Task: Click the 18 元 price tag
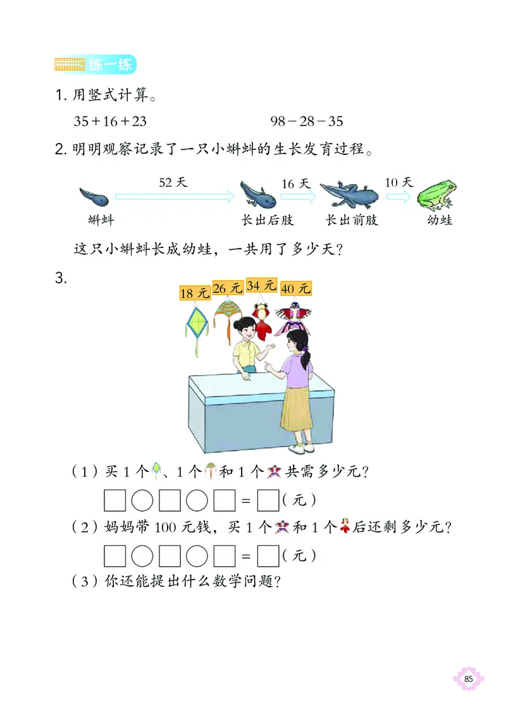pyautogui.click(x=194, y=293)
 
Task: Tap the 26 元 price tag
pyautogui.click(x=228, y=288)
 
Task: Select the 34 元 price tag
pyautogui.click(x=261, y=285)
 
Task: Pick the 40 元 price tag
pyautogui.click(x=296, y=288)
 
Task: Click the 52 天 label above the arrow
pyautogui.click(x=173, y=182)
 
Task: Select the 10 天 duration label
pyautogui.click(x=398, y=182)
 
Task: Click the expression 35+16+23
pyautogui.click(x=110, y=121)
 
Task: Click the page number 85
pyautogui.click(x=469, y=679)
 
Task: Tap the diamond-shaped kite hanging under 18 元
pyautogui.click(x=196, y=325)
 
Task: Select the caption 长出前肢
pyautogui.click(x=352, y=220)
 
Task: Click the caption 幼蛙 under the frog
pyautogui.click(x=440, y=220)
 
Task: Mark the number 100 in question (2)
pyautogui.click(x=180, y=527)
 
